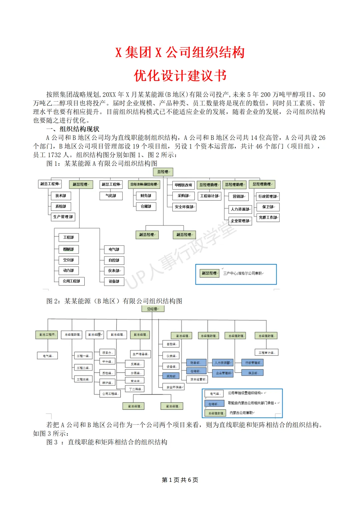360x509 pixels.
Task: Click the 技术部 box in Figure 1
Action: click(61, 196)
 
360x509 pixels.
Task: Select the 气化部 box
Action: click(111, 196)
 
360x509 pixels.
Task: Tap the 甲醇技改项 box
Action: click(184, 185)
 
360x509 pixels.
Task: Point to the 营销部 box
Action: click(239, 197)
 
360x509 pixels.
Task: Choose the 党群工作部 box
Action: click(268, 218)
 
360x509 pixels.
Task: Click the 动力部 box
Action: click(69, 270)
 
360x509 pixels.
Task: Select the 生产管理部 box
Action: click(63, 217)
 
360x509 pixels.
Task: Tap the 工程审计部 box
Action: click(210, 196)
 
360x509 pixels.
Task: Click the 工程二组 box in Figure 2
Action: click(83, 368)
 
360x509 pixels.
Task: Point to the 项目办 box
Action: click(107, 352)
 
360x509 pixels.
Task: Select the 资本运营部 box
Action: click(198, 379)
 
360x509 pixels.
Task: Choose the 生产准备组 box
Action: click(141, 354)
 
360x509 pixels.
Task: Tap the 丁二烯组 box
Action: click(136, 389)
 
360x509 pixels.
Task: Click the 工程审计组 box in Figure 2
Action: click(266, 352)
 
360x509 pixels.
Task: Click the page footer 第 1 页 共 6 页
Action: click(180, 480)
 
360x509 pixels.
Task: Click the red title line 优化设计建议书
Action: click(180, 76)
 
